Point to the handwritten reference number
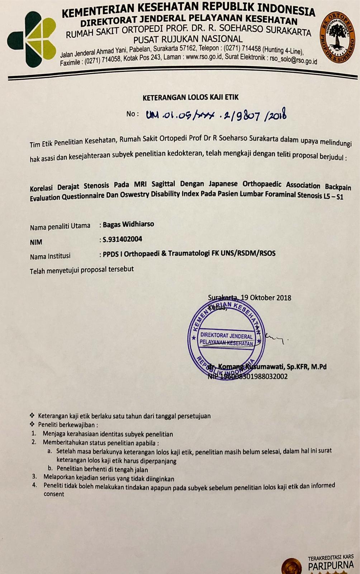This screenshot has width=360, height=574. coord(215,115)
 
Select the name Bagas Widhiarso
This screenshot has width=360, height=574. coord(128,225)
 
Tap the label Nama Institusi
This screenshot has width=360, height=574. coord(50,257)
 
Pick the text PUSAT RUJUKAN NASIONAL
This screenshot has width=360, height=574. coord(188,39)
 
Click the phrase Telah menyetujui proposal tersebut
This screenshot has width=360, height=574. coord(82,270)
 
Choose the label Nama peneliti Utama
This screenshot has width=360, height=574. coord(60,226)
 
